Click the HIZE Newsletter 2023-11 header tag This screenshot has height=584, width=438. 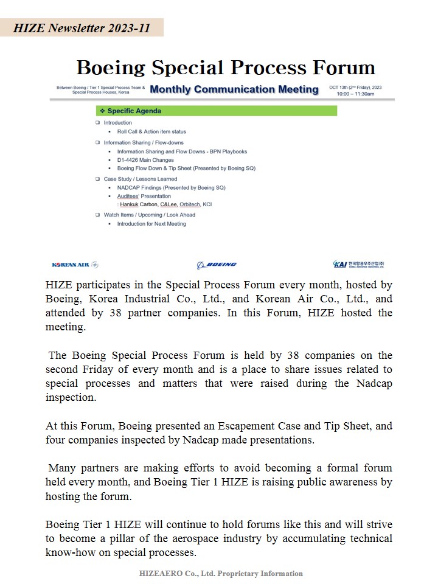coord(82,27)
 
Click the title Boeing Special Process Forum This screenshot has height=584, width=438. coord(226,68)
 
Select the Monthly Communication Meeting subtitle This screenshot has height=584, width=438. coord(234,89)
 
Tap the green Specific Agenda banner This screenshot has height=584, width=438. coord(216,111)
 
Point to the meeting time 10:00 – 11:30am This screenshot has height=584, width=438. coord(356,94)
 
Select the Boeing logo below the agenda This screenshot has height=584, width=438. coord(217,265)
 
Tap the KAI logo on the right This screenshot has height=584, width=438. coord(359,265)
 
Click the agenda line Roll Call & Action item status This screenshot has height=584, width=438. coord(151,131)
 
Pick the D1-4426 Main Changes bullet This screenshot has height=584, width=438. coord(145,160)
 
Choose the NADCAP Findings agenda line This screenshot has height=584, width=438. coord(171,188)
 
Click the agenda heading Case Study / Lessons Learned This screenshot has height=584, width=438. coord(141,179)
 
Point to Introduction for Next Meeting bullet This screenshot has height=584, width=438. coord(151,224)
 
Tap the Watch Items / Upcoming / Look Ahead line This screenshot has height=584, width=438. coord(150,215)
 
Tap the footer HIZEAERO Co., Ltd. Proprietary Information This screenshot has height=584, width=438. coord(221,573)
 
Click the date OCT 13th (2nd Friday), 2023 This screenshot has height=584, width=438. coord(356,88)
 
